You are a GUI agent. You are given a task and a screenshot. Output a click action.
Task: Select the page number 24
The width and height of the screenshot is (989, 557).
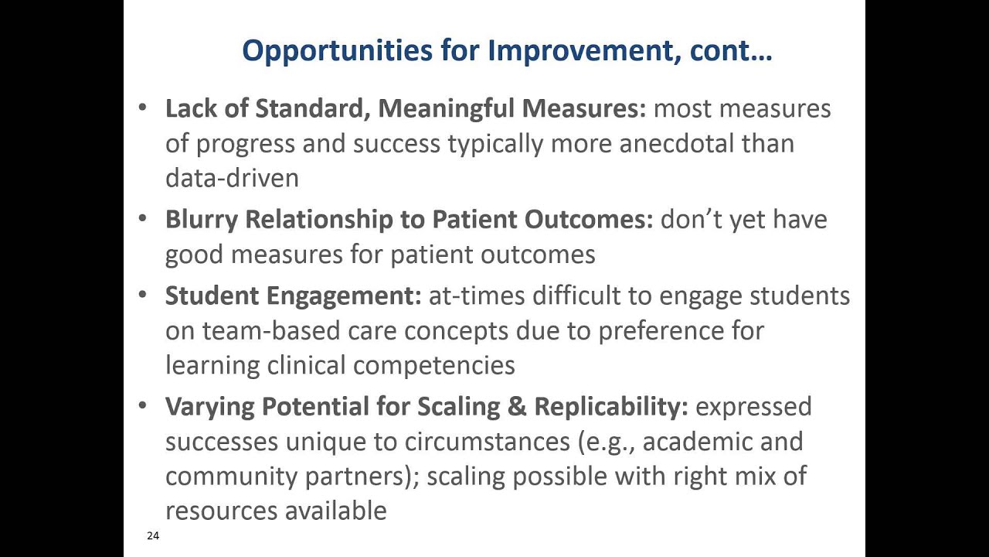click(152, 535)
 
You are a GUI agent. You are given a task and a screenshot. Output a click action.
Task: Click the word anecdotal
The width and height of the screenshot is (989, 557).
click(677, 144)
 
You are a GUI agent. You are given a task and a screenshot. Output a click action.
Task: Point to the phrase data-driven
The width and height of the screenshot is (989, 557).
click(232, 179)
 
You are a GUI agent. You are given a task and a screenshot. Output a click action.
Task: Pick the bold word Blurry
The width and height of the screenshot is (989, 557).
click(201, 220)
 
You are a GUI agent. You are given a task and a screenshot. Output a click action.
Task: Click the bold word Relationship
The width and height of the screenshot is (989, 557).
click(319, 220)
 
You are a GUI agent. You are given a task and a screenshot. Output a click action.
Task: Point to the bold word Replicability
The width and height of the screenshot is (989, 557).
click(610, 407)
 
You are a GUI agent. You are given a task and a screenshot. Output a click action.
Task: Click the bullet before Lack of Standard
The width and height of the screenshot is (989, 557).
click(142, 108)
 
